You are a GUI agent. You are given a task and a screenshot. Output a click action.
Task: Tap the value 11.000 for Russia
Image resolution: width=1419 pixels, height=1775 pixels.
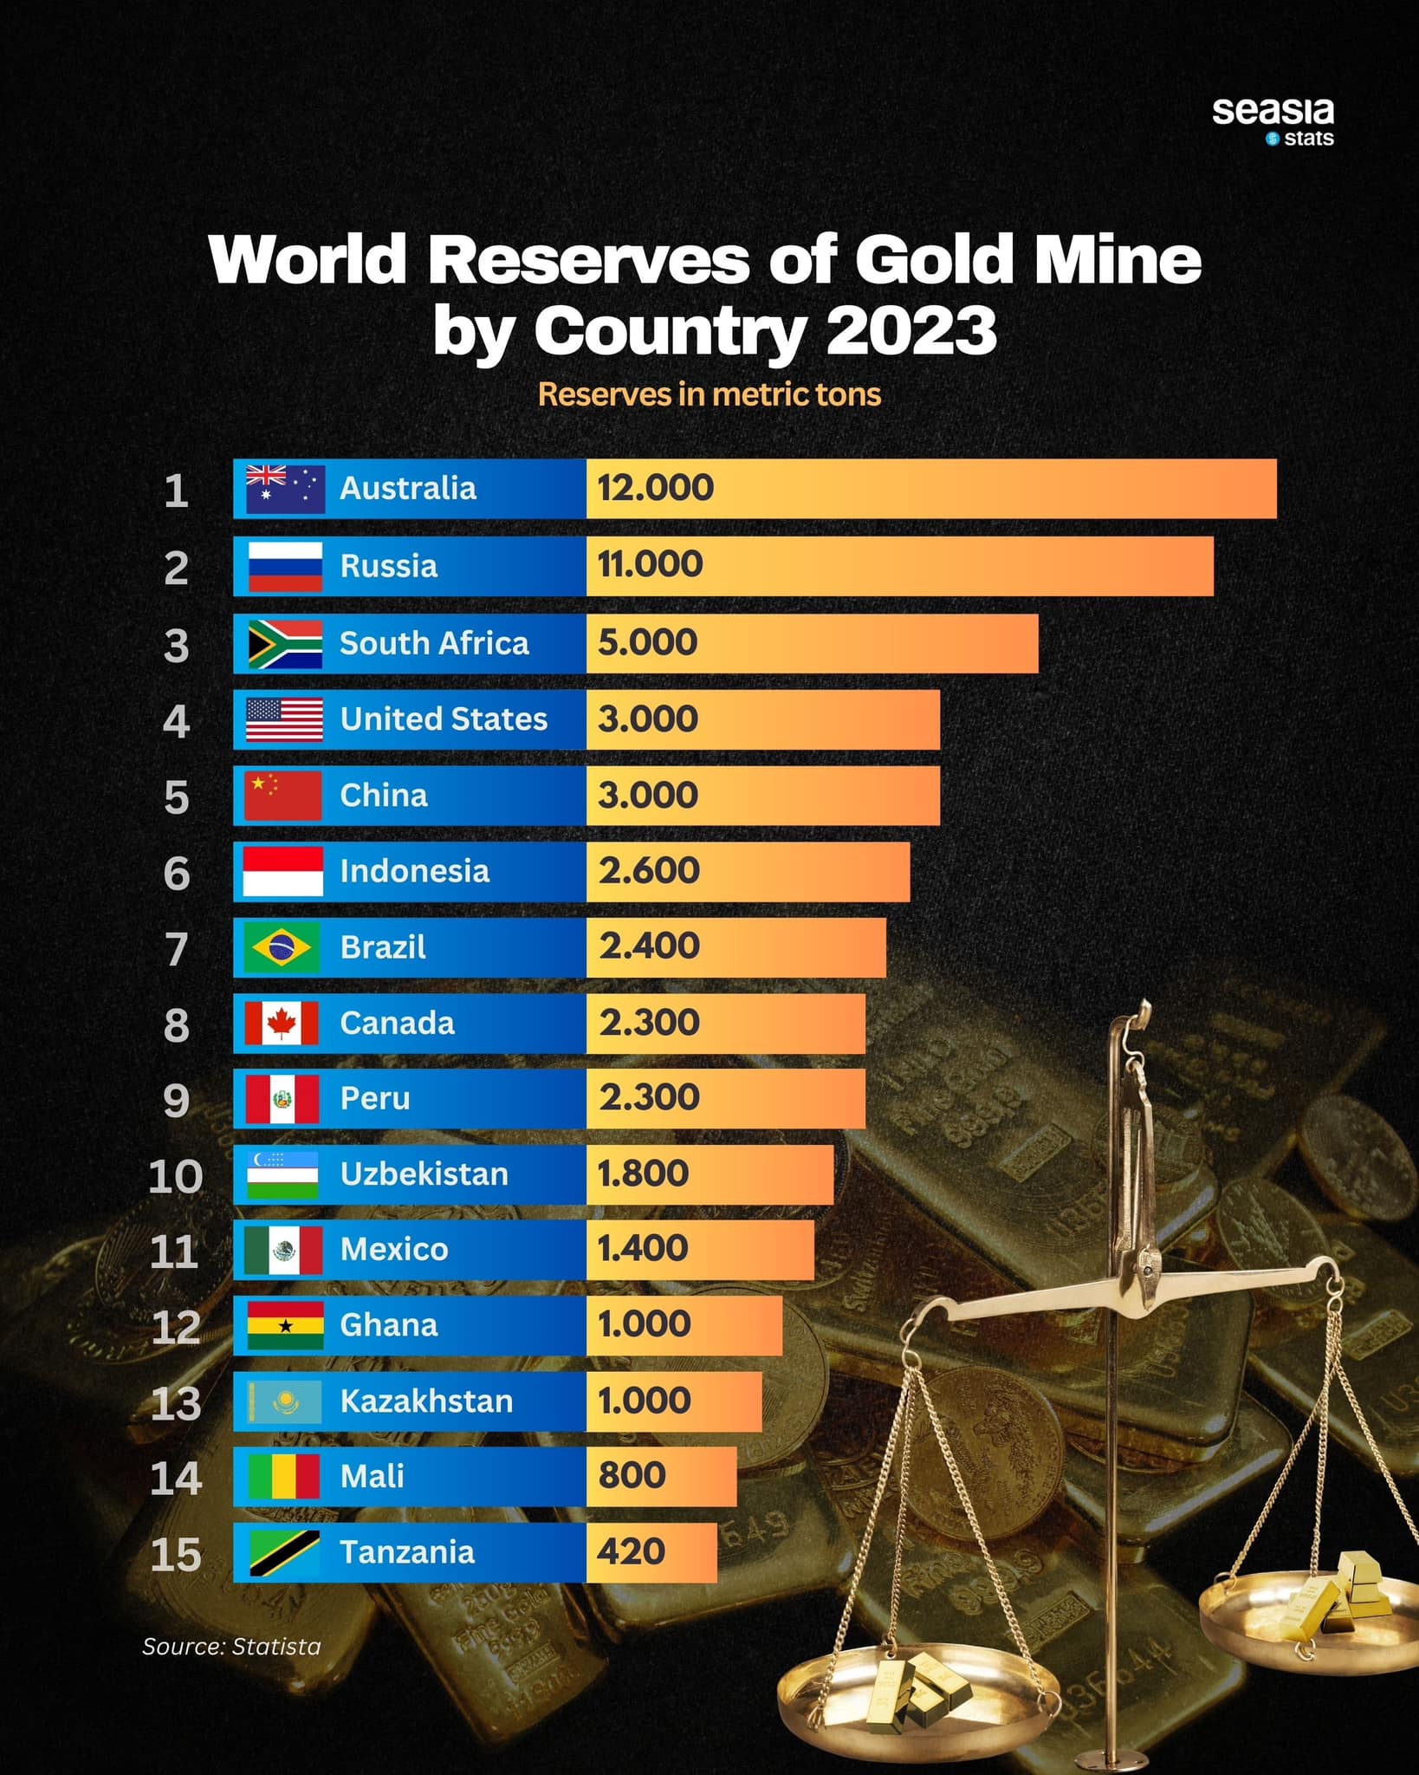click(x=650, y=565)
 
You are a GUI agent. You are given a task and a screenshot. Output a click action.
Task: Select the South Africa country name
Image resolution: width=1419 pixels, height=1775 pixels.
click(x=434, y=643)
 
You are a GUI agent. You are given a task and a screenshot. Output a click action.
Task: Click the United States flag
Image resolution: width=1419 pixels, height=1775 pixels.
click(x=284, y=719)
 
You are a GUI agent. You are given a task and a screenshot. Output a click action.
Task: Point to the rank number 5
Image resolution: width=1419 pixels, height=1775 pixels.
click(x=176, y=797)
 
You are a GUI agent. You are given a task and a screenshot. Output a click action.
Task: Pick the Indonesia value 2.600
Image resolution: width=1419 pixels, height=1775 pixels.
click(x=649, y=871)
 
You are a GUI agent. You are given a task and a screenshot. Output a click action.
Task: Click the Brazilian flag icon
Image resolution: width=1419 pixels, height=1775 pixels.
click(x=282, y=947)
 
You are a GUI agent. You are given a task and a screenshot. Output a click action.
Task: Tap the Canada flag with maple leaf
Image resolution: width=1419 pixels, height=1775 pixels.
click(x=282, y=1024)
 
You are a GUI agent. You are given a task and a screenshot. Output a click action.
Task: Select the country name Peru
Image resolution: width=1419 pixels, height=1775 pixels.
click(x=375, y=1099)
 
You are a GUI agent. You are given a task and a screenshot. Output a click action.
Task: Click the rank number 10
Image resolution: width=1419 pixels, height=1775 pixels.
click(x=176, y=1177)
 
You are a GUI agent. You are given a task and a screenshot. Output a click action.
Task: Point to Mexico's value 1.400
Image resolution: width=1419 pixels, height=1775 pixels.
click(x=643, y=1249)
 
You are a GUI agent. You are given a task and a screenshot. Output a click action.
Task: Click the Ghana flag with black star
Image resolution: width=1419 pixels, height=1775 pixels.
click(x=285, y=1325)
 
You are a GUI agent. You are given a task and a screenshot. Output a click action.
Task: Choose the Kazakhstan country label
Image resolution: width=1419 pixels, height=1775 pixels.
click(x=426, y=1401)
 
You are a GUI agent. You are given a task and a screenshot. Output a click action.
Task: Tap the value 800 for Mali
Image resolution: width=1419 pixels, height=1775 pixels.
click(x=632, y=1475)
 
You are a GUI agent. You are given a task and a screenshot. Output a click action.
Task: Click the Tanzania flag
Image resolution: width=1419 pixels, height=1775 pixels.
click(x=284, y=1553)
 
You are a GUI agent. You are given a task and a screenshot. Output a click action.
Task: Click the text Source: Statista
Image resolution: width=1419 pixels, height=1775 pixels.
click(x=231, y=1647)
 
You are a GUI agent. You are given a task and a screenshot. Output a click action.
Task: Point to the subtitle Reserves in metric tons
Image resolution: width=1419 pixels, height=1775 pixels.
click(x=709, y=395)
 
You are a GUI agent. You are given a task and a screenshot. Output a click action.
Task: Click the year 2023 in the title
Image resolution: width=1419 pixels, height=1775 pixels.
click(x=911, y=331)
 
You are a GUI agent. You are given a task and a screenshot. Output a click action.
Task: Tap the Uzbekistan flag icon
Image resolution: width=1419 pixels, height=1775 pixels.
click(x=282, y=1175)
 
